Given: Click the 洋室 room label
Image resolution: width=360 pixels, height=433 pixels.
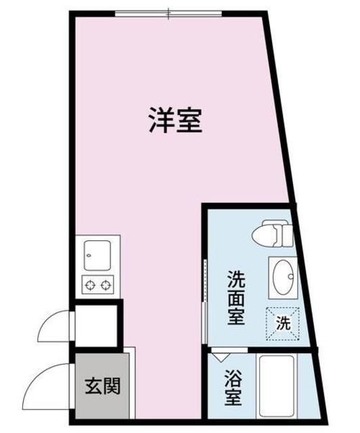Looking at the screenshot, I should click(175, 120).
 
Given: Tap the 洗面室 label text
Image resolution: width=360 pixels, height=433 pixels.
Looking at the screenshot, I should click(236, 297).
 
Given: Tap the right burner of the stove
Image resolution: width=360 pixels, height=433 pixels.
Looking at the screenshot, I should click(106, 285).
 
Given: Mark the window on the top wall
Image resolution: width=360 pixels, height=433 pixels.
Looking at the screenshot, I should click(168, 12).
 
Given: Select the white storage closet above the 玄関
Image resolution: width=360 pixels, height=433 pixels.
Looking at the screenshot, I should click(97, 326).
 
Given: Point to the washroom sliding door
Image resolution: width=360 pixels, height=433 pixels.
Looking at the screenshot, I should click(205, 298).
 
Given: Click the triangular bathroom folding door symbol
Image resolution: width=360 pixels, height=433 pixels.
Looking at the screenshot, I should click(221, 354).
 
